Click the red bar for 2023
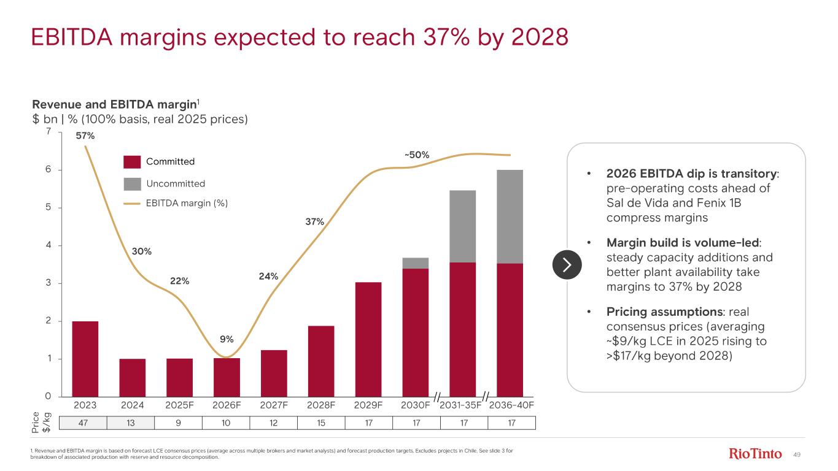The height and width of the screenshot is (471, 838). point(85,359)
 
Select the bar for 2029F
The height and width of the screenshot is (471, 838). point(368,339)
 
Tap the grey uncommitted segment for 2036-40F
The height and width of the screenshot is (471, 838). point(510,216)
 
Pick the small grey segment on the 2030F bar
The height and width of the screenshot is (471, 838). point(416,263)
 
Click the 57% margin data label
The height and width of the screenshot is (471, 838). point(85,136)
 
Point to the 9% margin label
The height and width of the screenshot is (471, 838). point(227,339)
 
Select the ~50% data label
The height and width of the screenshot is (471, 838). point(416,155)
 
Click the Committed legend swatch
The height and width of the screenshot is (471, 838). point(132,162)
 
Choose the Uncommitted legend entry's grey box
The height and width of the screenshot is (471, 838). point(132,183)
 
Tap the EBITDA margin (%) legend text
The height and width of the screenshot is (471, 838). point(187,204)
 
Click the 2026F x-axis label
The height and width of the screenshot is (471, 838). point(227,405)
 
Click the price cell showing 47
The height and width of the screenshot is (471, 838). point(83,423)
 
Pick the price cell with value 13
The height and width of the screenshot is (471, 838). point(131,423)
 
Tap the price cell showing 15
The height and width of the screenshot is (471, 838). point(321,423)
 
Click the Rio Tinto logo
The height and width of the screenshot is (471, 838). point(755,454)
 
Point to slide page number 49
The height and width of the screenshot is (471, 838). point(798,454)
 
